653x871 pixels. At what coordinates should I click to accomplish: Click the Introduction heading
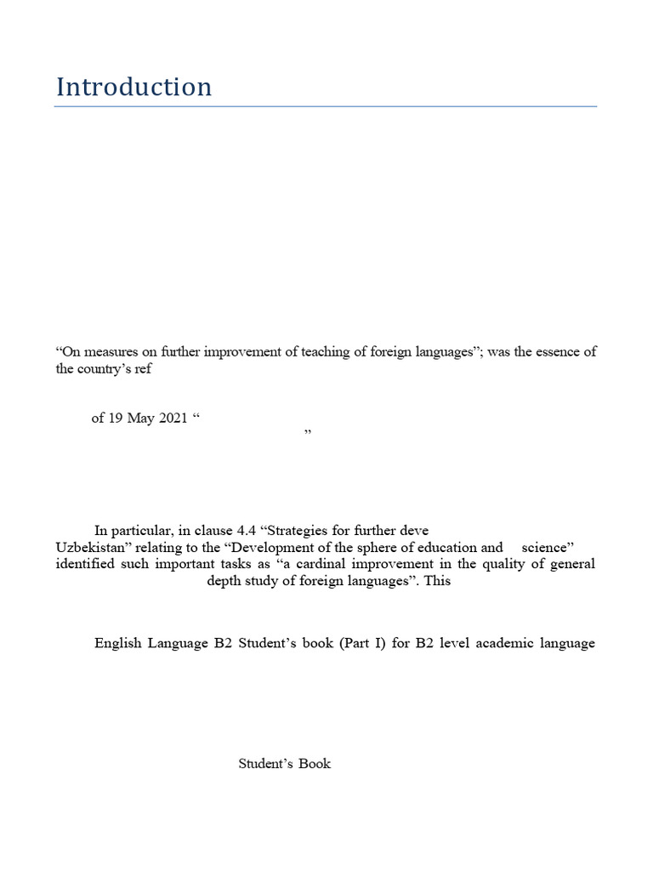coord(133,87)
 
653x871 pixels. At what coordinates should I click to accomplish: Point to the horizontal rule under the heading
coord(326,106)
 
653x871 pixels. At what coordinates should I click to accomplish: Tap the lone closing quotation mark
coord(308,434)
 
